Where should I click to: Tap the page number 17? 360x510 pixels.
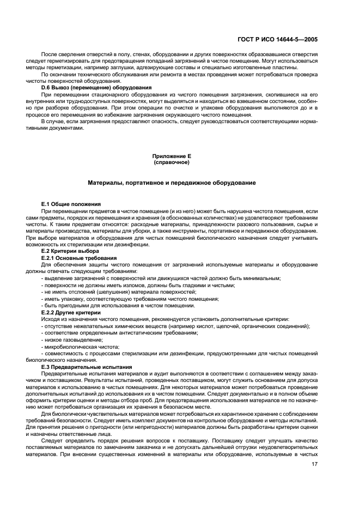[314, 464]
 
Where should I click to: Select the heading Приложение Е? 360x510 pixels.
[172, 156]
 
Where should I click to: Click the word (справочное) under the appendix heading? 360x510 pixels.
[172, 162]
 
